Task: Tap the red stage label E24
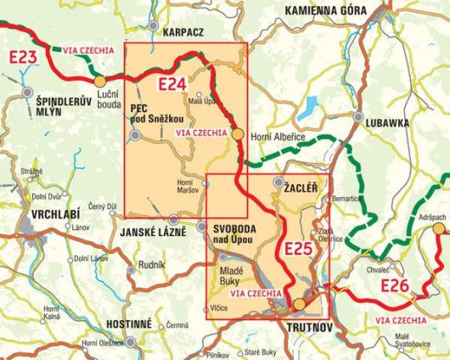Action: tap(173, 84)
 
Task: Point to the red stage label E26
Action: tap(397, 285)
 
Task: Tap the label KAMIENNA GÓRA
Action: tap(325, 9)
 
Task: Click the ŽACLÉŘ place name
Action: tap(302, 183)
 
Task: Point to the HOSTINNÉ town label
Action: tap(128, 324)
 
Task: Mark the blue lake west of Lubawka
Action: tap(310, 107)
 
